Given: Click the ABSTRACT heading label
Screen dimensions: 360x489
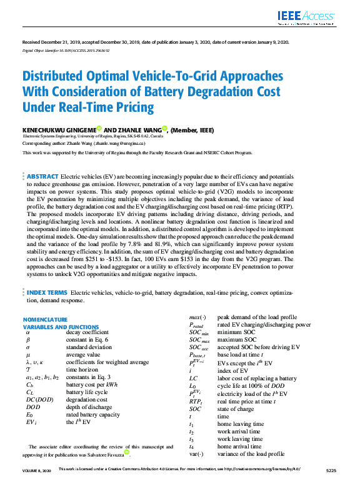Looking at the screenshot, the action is [x=42, y=177].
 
